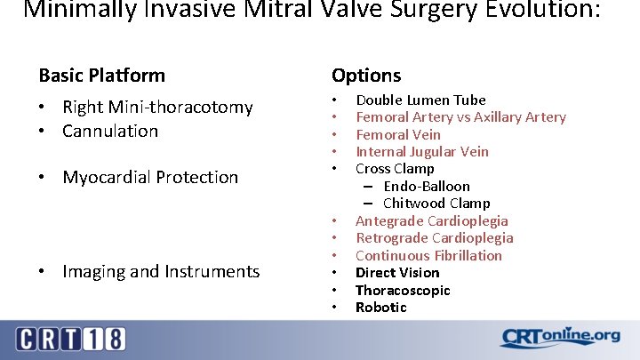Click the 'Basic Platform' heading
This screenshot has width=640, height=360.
[x=101, y=76]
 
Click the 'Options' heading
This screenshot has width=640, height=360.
[x=365, y=76]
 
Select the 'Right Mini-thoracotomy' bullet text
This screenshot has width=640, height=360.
[x=157, y=108]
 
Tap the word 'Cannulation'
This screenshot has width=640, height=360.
[x=110, y=132]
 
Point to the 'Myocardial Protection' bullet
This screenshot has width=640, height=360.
[x=150, y=178]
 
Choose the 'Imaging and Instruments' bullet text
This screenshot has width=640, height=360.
[x=161, y=272]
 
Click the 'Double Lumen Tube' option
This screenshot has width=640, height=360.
[x=420, y=100]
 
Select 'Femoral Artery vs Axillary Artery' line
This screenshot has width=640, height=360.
[x=460, y=117]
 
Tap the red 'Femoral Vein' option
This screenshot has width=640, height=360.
[x=397, y=135]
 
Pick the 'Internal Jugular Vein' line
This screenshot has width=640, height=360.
[x=421, y=152]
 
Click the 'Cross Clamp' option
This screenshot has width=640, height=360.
[x=395, y=169]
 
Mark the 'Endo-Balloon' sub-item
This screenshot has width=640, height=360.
[x=427, y=187]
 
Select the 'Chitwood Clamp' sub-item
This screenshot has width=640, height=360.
[x=436, y=204]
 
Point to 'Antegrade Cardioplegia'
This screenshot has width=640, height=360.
[x=432, y=221]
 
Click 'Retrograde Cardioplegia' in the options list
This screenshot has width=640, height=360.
[x=434, y=238]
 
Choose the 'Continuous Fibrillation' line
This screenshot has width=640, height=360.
[x=428, y=256]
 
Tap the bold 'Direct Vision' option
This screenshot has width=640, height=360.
[x=397, y=273]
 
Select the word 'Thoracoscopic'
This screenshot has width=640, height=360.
[x=403, y=291]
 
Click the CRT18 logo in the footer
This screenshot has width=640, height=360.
[x=70, y=339]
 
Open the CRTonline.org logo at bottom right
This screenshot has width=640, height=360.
[x=560, y=337]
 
